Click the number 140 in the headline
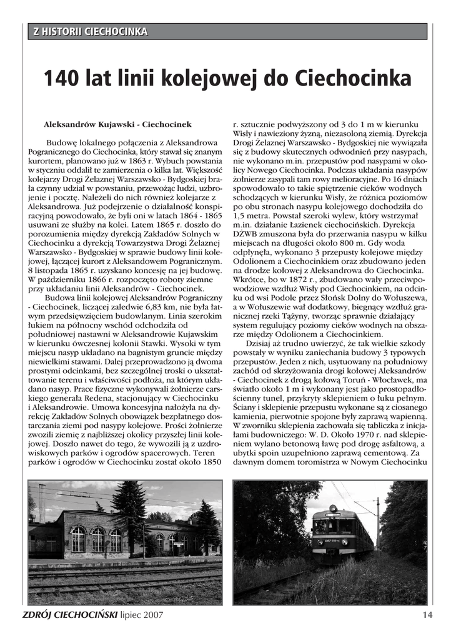pos(62,79)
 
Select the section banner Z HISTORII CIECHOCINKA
pos(91,31)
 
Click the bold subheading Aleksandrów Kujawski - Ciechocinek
pos(117,125)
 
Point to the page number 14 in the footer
pos(427,615)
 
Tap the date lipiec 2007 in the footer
pos(142,615)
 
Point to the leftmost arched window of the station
pos(77,538)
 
